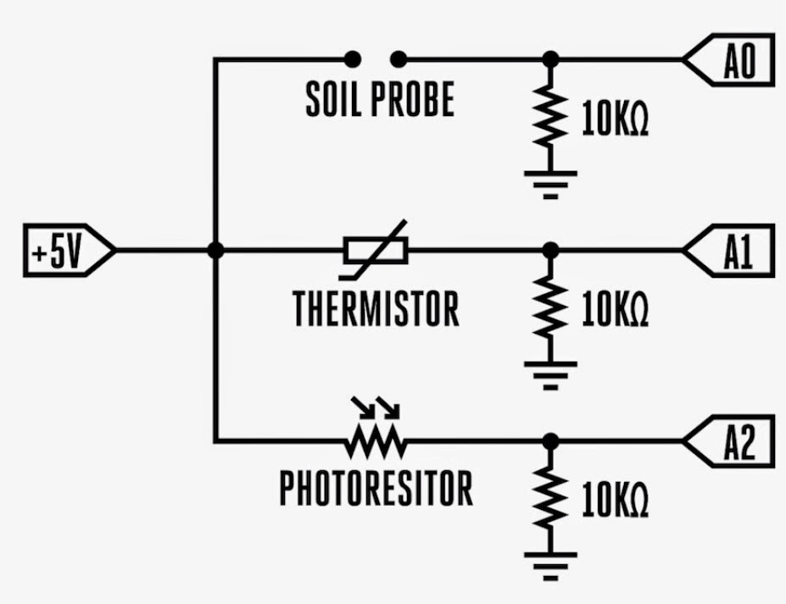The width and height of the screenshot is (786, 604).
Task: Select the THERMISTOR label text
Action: [376, 308]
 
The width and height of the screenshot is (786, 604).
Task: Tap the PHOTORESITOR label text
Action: [376, 489]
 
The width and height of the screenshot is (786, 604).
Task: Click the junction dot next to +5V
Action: [215, 251]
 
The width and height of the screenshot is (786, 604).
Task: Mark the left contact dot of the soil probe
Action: [353, 59]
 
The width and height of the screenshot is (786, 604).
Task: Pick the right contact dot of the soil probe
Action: [399, 59]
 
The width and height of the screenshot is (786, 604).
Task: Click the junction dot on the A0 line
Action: [550, 59]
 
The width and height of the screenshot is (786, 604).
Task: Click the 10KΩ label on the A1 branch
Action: [615, 311]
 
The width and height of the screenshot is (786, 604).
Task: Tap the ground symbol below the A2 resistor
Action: [550, 563]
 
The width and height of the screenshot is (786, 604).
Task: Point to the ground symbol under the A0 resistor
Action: [550, 181]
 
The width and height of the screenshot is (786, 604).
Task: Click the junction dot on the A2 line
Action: [550, 441]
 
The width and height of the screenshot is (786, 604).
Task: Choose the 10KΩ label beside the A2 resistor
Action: [615, 501]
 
